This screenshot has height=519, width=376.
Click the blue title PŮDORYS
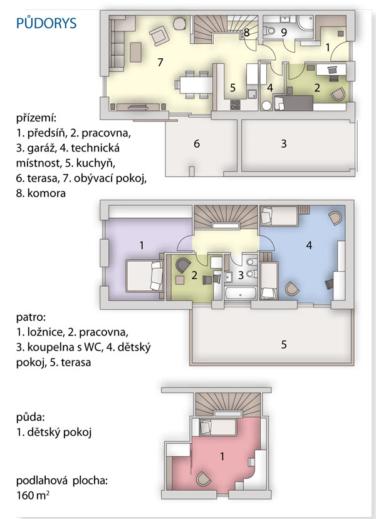[46, 23]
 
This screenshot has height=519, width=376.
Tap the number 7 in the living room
[160, 62]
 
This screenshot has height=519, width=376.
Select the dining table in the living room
[196, 85]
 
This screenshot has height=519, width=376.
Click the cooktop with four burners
[235, 105]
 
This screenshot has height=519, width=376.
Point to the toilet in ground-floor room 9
[269, 31]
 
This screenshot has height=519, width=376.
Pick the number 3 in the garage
[284, 143]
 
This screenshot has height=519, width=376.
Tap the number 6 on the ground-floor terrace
[197, 143]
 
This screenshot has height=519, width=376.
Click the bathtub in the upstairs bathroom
[241, 293]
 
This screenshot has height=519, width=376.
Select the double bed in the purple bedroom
[145, 275]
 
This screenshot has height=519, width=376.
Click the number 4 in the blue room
[309, 245]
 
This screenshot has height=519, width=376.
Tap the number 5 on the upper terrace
[284, 344]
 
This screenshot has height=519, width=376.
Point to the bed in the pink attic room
[217, 427]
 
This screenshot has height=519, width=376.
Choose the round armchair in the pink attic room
[203, 479]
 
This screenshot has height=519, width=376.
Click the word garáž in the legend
[41, 148]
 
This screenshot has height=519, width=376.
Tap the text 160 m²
[33, 495]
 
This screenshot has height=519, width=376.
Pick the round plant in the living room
[179, 23]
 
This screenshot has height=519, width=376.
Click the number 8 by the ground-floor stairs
[246, 33]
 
